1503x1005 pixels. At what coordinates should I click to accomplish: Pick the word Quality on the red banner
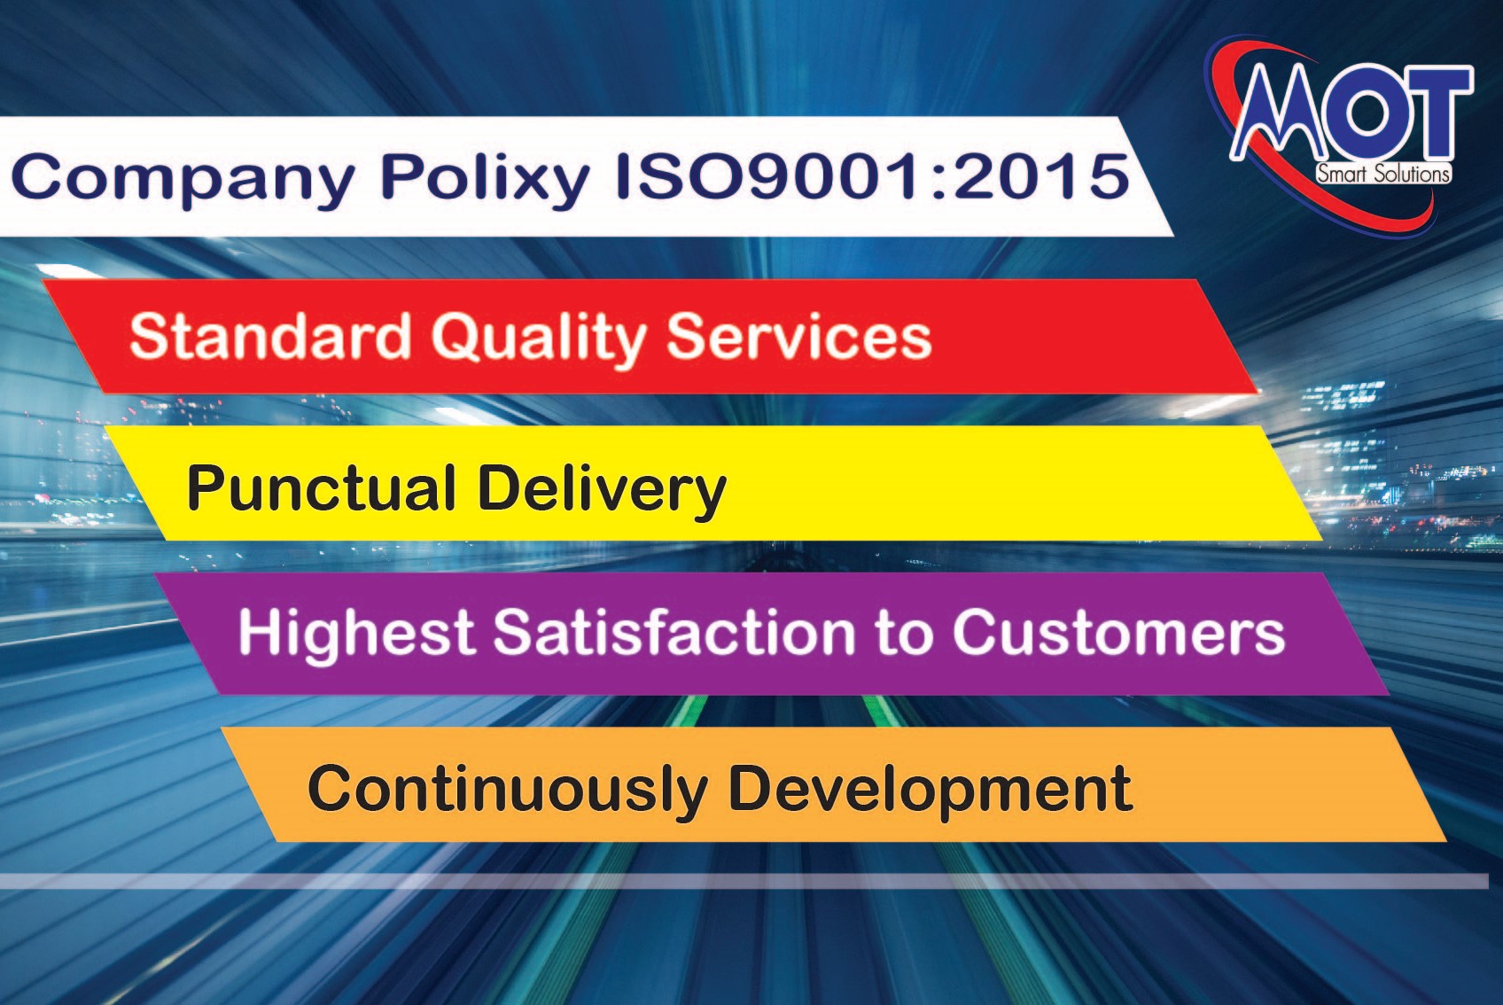tap(539, 340)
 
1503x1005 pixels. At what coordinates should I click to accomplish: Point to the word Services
tap(799, 337)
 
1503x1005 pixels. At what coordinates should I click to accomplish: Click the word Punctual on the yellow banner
tap(322, 487)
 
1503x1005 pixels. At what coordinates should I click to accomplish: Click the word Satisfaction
tap(674, 631)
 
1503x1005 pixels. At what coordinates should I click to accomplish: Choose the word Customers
tap(1118, 632)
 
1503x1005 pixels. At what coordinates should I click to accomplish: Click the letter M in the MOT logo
tap(1278, 111)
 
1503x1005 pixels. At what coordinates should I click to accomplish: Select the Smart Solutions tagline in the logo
tap(1382, 174)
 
